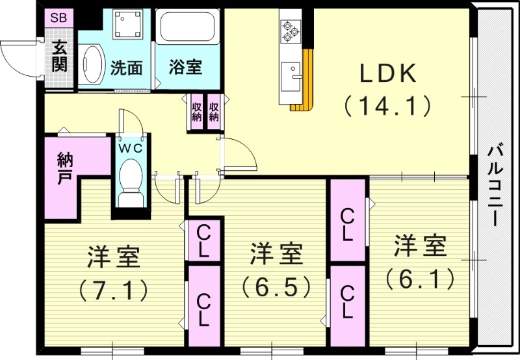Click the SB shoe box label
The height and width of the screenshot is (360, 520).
(58, 18)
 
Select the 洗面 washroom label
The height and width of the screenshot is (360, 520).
(126, 67)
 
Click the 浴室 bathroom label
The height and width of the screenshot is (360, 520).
(185, 67)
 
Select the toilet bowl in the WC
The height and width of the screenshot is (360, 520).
(131, 179)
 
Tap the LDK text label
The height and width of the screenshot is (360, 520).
(388, 75)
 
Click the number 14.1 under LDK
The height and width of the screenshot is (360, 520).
(388, 105)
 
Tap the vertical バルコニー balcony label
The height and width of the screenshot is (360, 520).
(495, 185)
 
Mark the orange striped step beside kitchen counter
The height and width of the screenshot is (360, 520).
(300, 107)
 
